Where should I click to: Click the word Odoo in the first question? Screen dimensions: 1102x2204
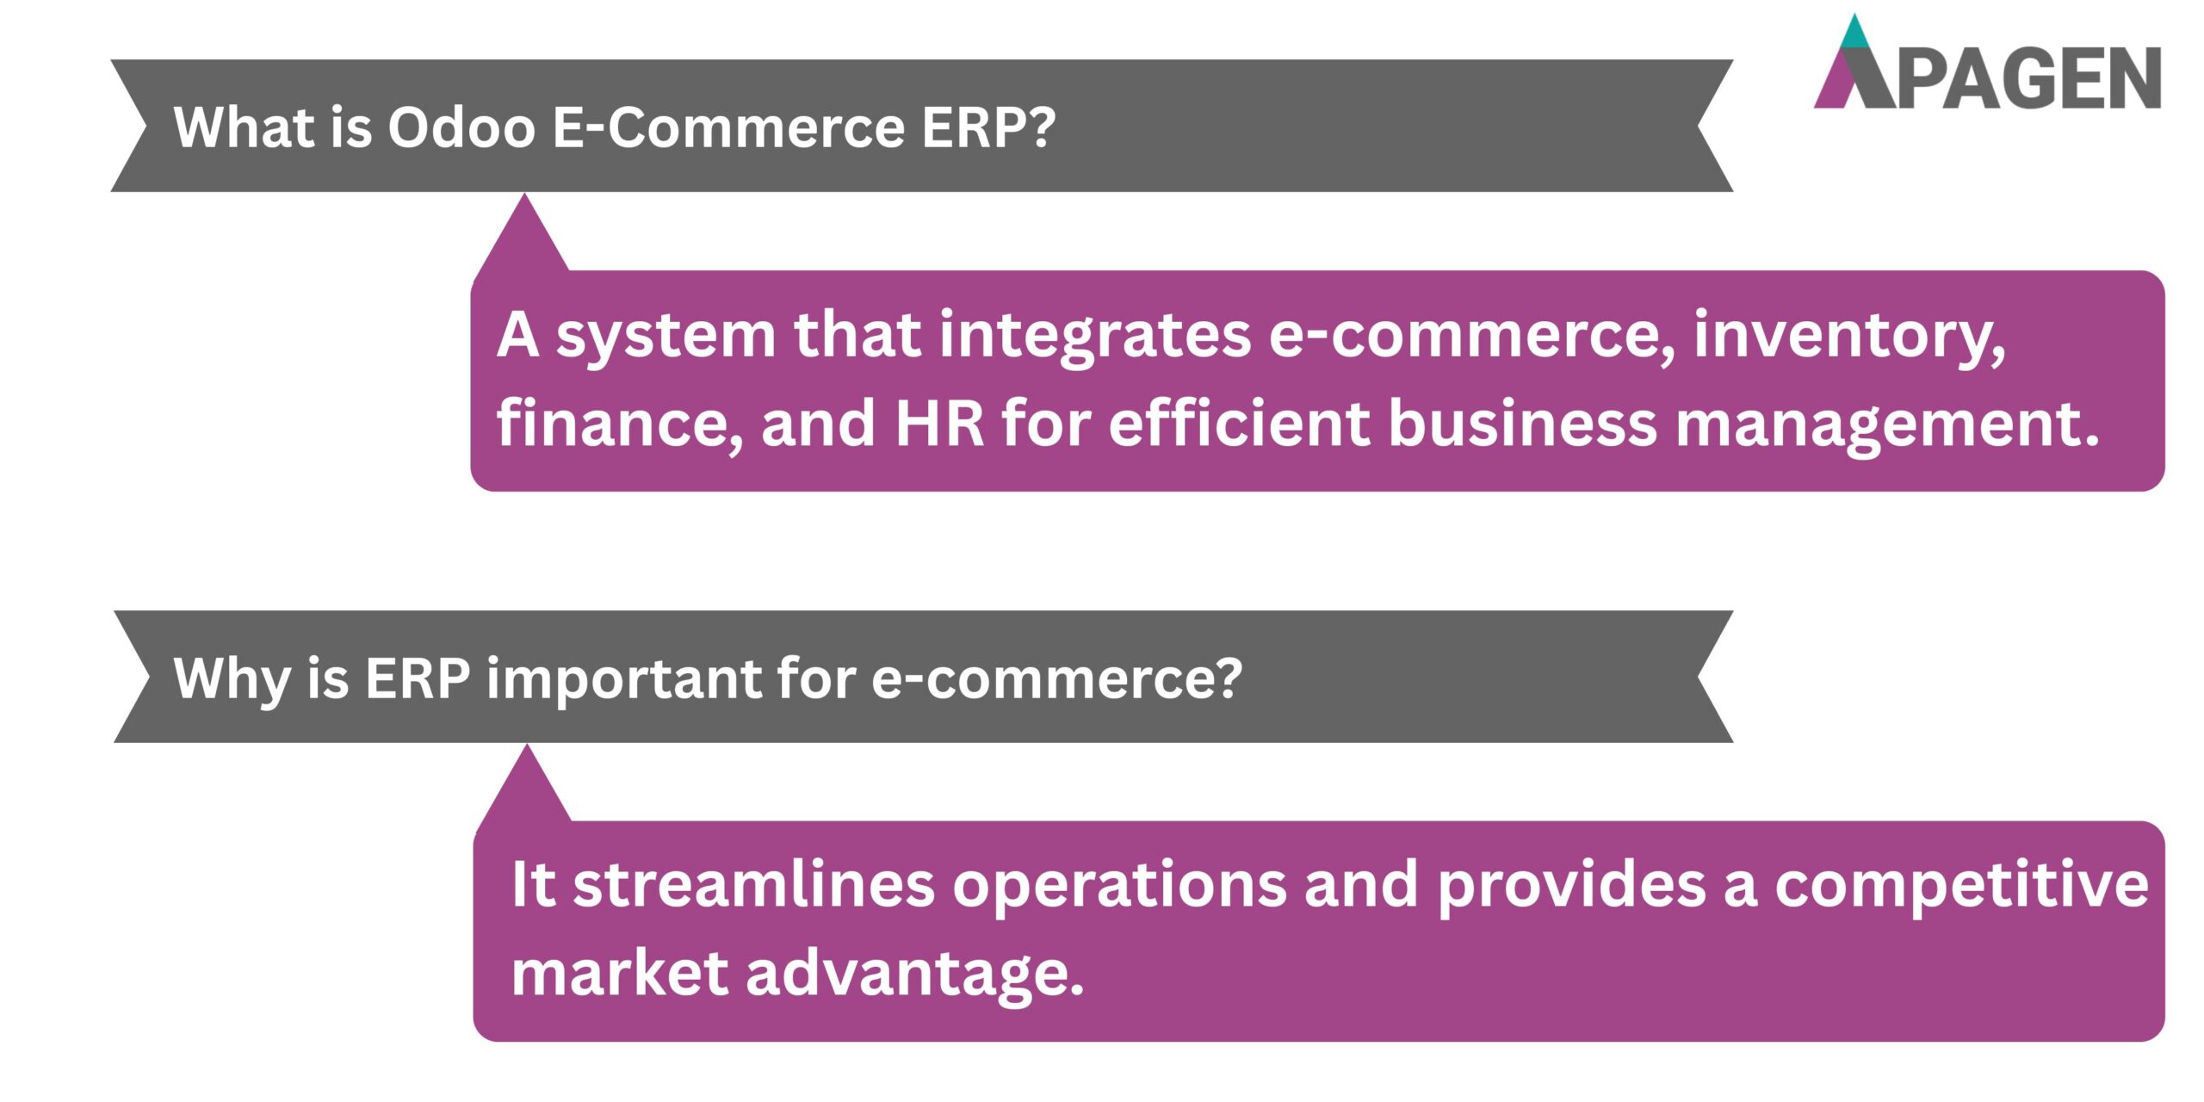[x=461, y=128]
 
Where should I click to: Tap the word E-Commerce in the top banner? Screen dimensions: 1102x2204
[x=728, y=128]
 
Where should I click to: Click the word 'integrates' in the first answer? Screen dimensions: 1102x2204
[x=1094, y=336]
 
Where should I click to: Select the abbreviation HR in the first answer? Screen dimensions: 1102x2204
[x=939, y=424]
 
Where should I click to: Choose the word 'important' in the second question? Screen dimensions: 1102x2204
[x=623, y=679]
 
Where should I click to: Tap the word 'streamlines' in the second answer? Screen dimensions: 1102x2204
[x=754, y=885]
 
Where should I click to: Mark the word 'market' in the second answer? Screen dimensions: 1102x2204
[x=620, y=973]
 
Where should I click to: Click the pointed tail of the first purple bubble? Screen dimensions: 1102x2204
[x=523, y=238]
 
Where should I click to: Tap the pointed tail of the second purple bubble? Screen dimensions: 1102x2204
[x=525, y=789]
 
